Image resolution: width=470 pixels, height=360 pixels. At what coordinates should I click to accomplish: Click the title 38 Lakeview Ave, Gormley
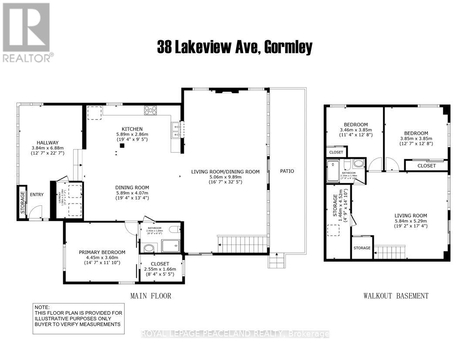tap(235, 47)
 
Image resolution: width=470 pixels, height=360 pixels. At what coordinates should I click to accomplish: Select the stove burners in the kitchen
tap(151, 111)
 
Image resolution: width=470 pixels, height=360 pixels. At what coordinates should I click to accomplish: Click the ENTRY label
tap(37, 194)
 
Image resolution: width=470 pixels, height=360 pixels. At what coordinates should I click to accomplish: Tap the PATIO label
tap(287, 171)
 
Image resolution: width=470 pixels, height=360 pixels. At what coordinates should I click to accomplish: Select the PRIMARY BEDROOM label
tap(102, 252)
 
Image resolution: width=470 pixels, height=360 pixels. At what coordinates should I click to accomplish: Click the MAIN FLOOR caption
tap(151, 296)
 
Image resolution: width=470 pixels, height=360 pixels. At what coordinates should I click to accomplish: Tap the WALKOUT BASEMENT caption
tap(396, 296)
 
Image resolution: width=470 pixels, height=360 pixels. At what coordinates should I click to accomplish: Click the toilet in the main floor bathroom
tap(175, 230)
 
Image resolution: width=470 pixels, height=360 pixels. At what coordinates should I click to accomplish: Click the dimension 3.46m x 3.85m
tap(356, 130)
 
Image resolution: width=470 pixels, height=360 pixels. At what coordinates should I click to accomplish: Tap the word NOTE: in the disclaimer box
tap(43, 307)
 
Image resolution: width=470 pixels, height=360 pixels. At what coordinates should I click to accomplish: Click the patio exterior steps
tap(276, 262)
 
